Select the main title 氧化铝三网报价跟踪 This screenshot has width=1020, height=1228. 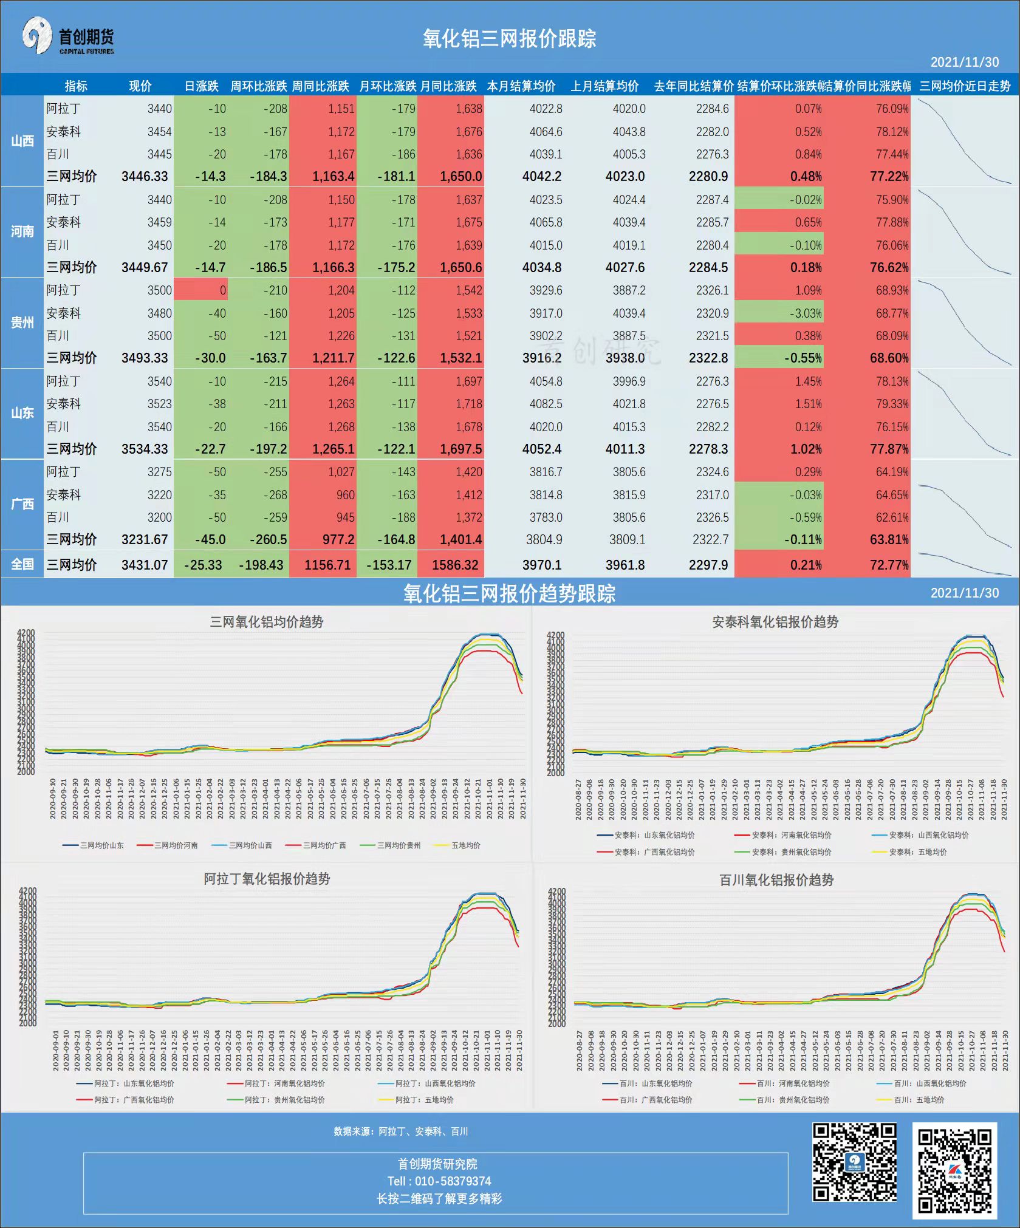pyautogui.click(x=509, y=39)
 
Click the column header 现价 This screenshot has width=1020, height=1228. pyautogui.click(x=140, y=86)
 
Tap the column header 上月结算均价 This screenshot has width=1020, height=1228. pyautogui.click(x=604, y=86)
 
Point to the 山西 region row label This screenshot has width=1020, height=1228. pyautogui.click(x=22, y=141)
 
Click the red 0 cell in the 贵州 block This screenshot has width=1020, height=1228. pyautogui.click(x=201, y=290)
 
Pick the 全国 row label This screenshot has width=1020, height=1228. pyautogui.click(x=22, y=564)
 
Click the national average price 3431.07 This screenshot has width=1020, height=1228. pyautogui.click(x=145, y=565)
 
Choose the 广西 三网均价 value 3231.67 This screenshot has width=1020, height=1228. pyautogui.click(x=145, y=539)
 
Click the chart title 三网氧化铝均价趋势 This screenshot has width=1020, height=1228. pyautogui.click(x=266, y=622)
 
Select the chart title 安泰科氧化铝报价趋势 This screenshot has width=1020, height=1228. pyautogui.click(x=775, y=622)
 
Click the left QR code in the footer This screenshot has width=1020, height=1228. pyautogui.click(x=854, y=1162)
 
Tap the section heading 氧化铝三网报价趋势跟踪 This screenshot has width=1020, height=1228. pyautogui.click(x=509, y=593)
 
